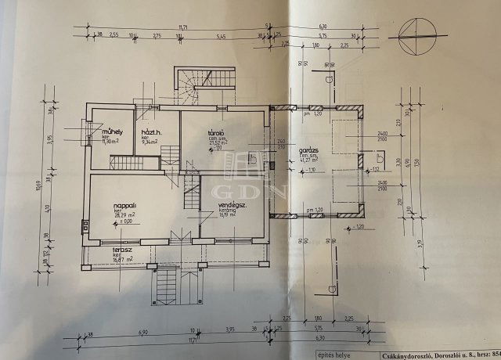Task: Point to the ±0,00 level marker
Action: [124, 224]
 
